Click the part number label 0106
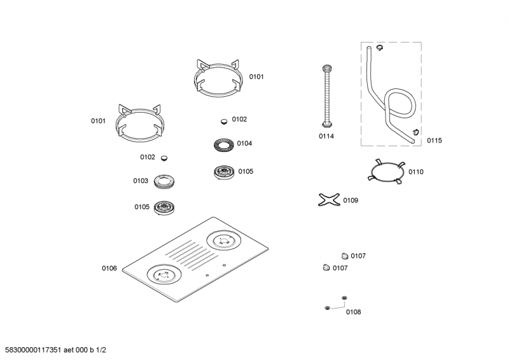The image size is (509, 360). click(x=109, y=268)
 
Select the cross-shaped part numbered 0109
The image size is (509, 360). click(x=328, y=201)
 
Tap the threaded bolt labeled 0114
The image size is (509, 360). click(x=327, y=95)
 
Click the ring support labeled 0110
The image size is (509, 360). click(x=385, y=172)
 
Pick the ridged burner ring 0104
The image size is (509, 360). click(x=223, y=144)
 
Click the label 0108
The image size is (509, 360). click(x=353, y=312)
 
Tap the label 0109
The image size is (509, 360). click(x=351, y=200)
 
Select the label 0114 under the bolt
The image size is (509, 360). click(x=326, y=136)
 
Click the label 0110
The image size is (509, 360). click(x=416, y=172)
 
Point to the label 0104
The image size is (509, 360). click(x=244, y=143)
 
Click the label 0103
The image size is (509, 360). click(x=141, y=181)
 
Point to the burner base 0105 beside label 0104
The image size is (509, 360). click(x=224, y=172)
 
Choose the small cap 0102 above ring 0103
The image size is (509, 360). click(x=165, y=157)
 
